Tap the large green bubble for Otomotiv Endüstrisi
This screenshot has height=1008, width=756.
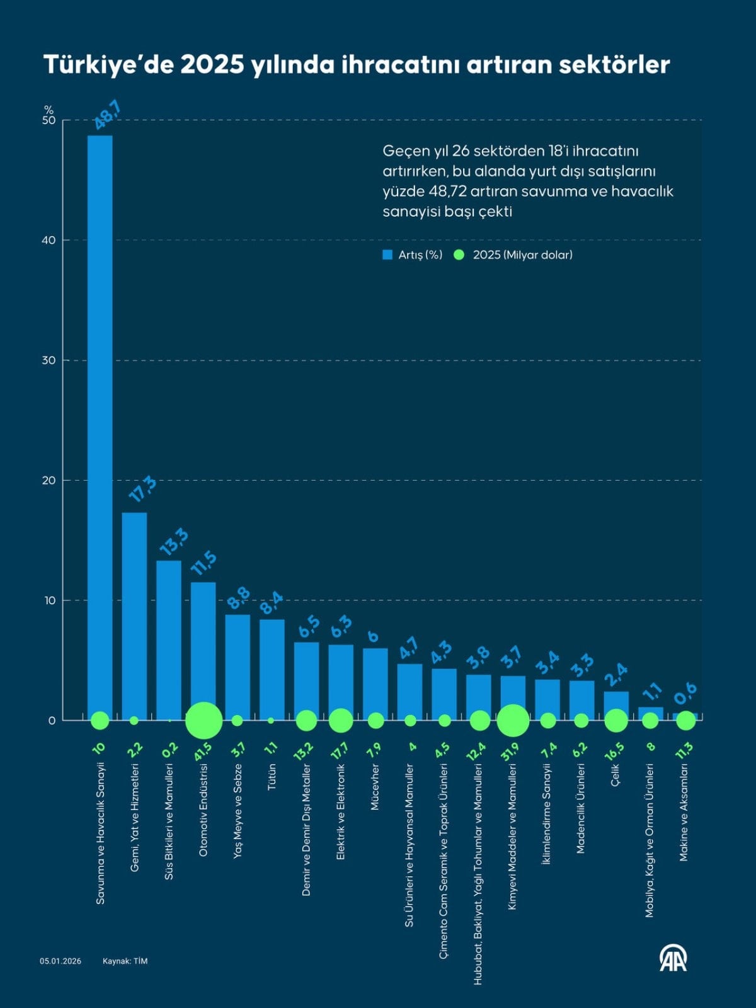(203, 720)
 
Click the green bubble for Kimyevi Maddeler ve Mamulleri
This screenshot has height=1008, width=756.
(513, 720)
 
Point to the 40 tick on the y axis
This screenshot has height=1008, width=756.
(49, 240)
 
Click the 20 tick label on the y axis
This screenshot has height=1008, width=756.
(49, 480)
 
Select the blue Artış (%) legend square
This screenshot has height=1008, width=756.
(387, 255)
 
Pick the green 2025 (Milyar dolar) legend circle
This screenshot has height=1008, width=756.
(459, 255)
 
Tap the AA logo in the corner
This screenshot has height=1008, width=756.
(673, 958)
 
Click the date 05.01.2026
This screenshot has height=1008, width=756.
(60, 961)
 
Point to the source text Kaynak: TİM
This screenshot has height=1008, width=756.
(125, 961)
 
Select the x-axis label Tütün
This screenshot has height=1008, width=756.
(272, 777)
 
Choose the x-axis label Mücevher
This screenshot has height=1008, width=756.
(375, 787)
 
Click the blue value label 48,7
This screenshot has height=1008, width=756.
(108, 115)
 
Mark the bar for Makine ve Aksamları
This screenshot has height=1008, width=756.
(685, 716)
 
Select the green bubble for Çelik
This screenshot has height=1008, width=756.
(616, 720)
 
